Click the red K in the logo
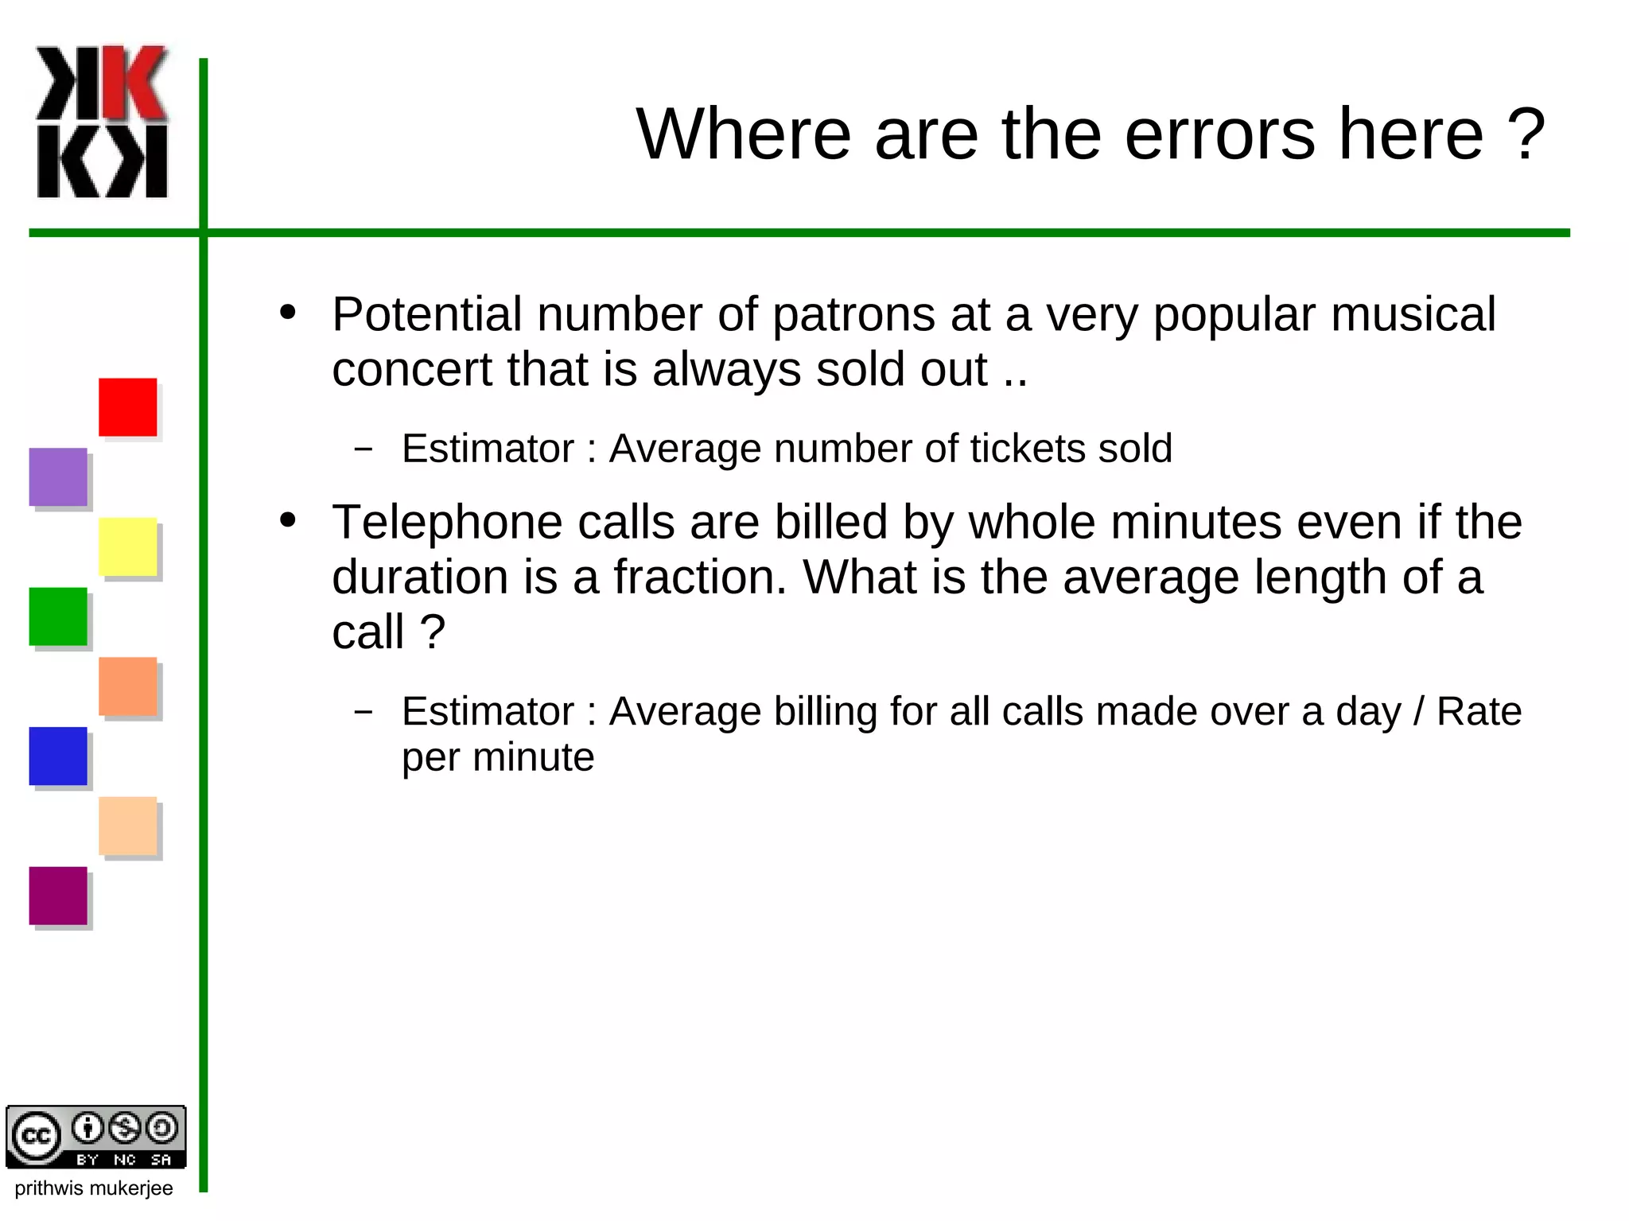pyautogui.click(x=134, y=84)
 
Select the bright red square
pyautogui.click(x=127, y=407)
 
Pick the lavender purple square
pyautogui.click(x=58, y=477)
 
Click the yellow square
pyautogui.click(x=127, y=546)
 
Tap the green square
pyautogui.click(x=58, y=616)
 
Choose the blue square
pyautogui.click(x=58, y=756)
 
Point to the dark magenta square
pyautogui.click(x=58, y=896)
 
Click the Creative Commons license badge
pyautogui.click(x=96, y=1137)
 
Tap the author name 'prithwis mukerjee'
pyautogui.click(x=94, y=1188)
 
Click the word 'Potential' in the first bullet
pyautogui.click(x=426, y=315)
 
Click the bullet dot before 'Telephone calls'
pyautogui.click(x=288, y=521)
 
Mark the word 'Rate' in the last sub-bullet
pyautogui.click(x=1479, y=711)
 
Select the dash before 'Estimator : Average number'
pyautogui.click(x=364, y=449)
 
